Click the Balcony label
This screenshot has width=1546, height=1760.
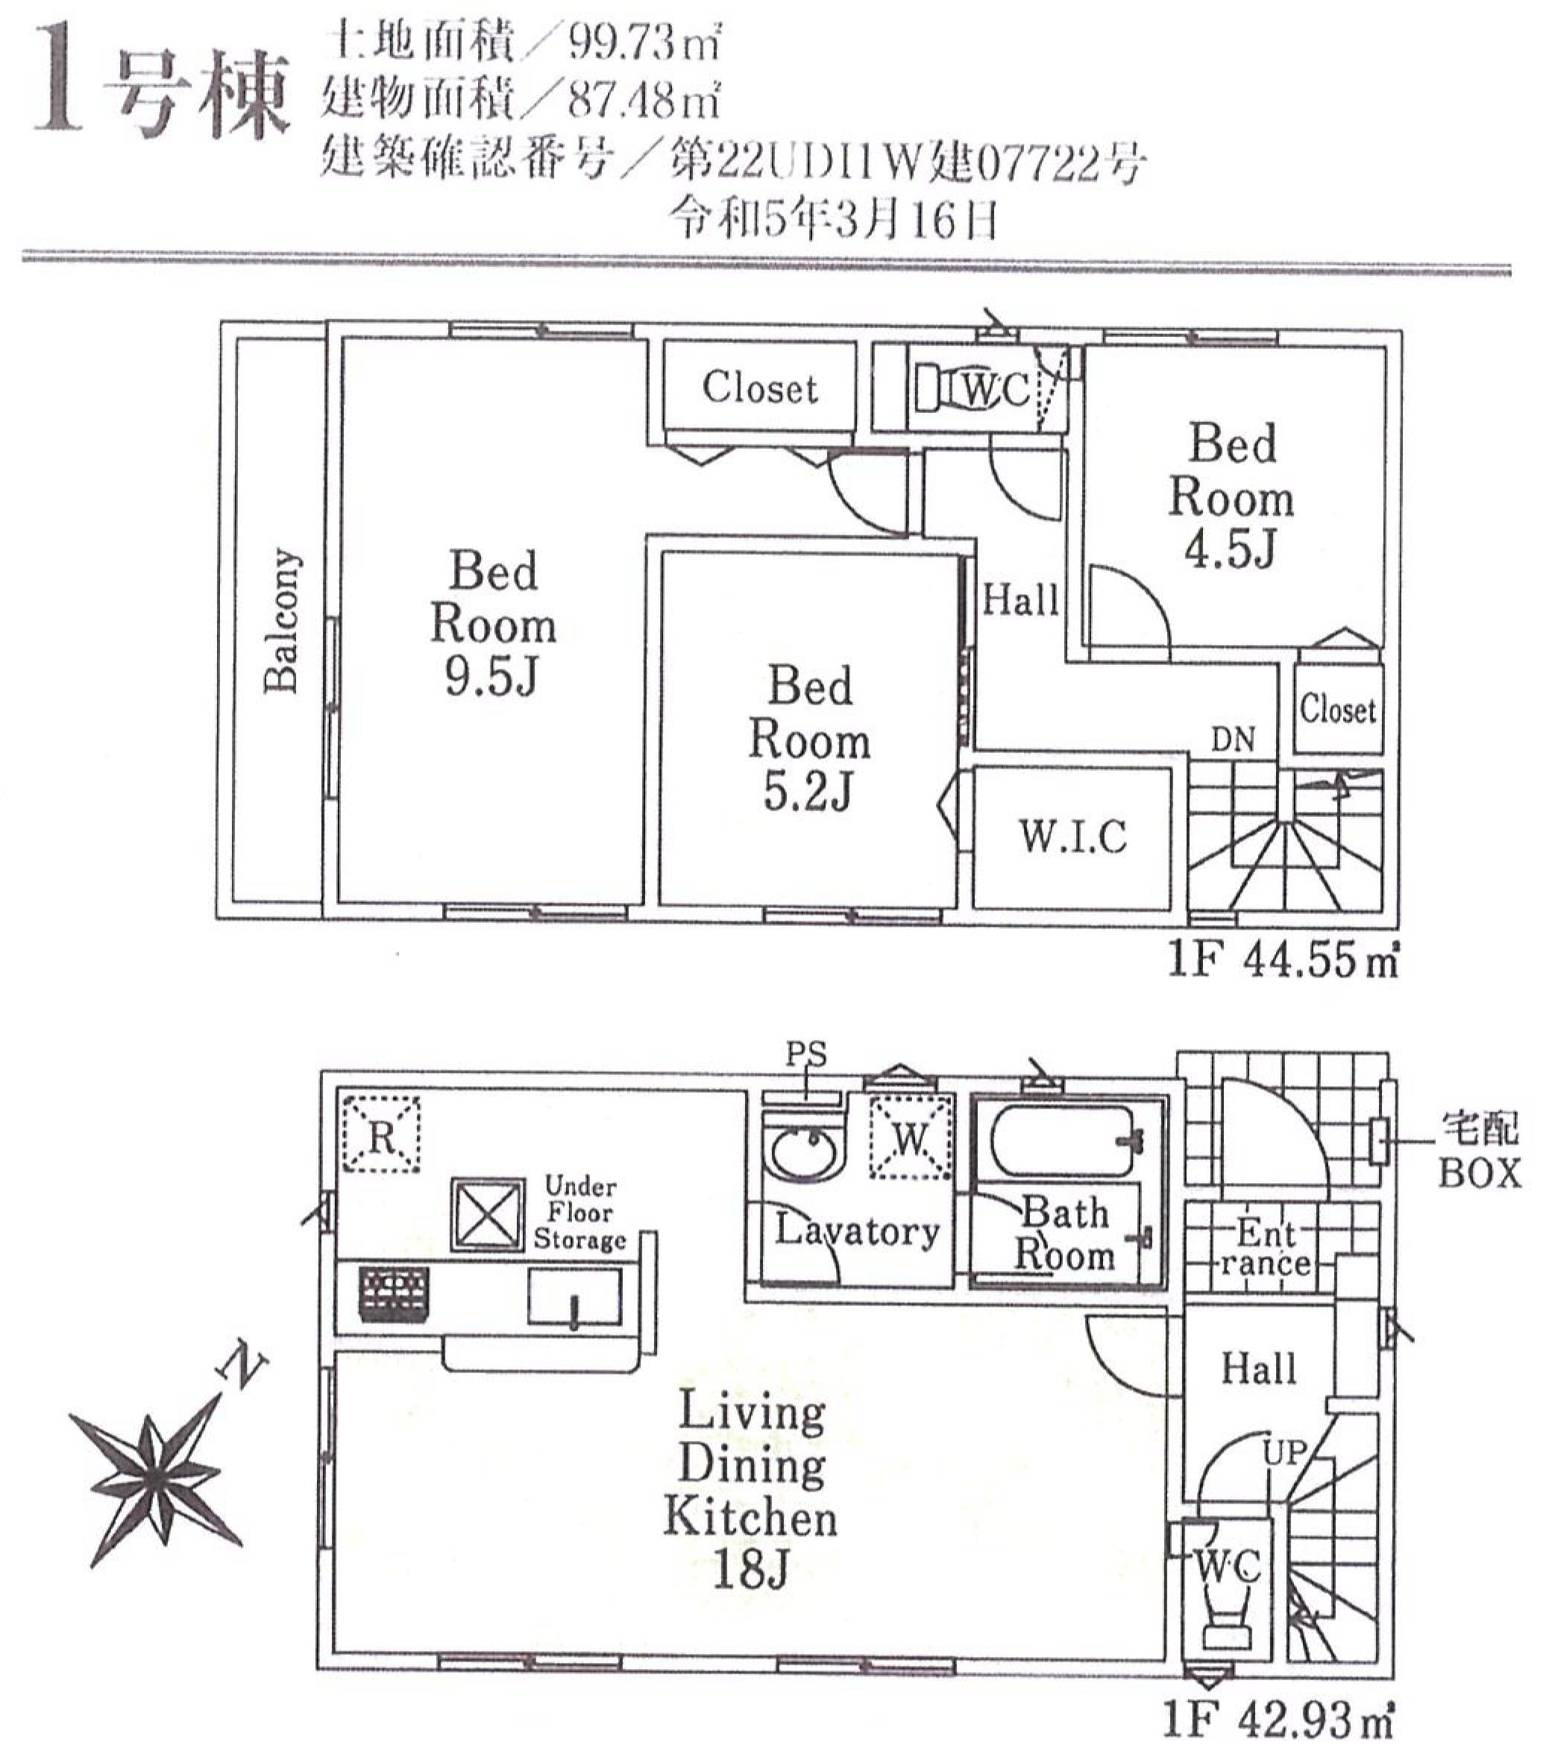coord(283,620)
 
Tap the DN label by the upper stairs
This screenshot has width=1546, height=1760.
coord(1233,739)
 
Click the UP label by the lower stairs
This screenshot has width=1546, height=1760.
coord(1284,1454)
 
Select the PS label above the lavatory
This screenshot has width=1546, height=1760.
coord(806,1054)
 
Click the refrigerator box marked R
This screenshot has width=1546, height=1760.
coord(380,1133)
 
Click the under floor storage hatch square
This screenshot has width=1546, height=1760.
coord(488,1214)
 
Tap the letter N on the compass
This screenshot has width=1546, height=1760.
coord(244,1366)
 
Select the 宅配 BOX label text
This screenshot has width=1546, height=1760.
coord(1480,1150)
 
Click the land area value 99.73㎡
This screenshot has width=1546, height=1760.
coord(644,43)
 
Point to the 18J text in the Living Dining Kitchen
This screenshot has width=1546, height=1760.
coord(751,1571)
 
